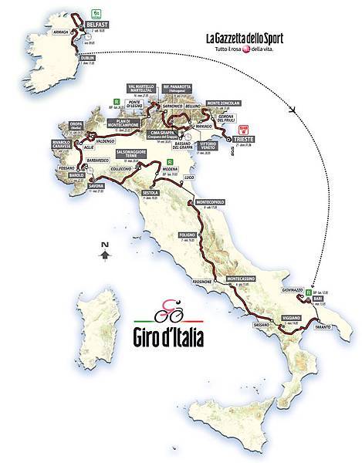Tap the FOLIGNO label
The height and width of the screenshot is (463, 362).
coord(188,233)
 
